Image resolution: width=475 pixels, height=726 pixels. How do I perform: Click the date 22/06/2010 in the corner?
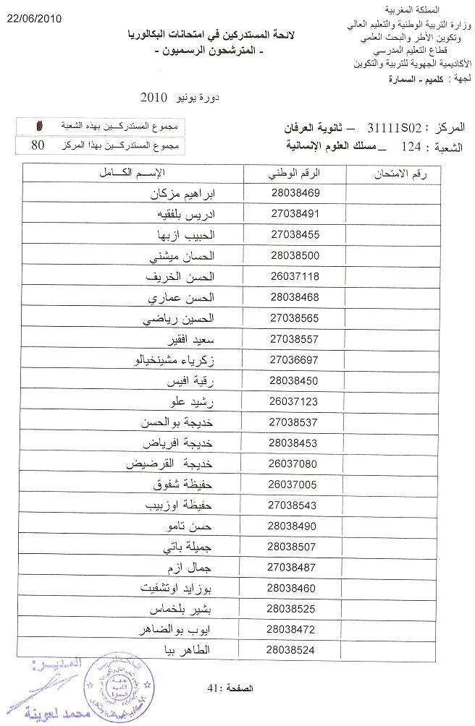pyautogui.click(x=34, y=17)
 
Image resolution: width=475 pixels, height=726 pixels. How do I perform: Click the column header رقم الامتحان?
pyautogui.click(x=397, y=173)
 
